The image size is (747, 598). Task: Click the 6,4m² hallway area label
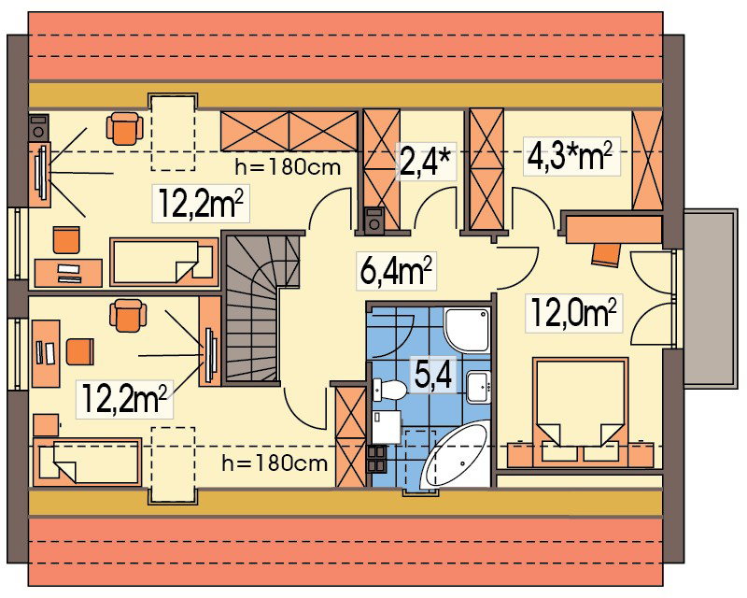pyautogui.click(x=395, y=271)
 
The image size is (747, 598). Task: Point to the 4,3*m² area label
pyautogui.click(x=571, y=156)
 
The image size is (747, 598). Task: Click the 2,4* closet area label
pyautogui.click(x=426, y=160)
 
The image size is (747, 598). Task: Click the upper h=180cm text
pyautogui.click(x=285, y=168)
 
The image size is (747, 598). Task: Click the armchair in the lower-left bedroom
pyautogui.click(x=128, y=315)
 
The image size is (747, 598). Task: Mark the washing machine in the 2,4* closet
pyautogui.click(x=373, y=220)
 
